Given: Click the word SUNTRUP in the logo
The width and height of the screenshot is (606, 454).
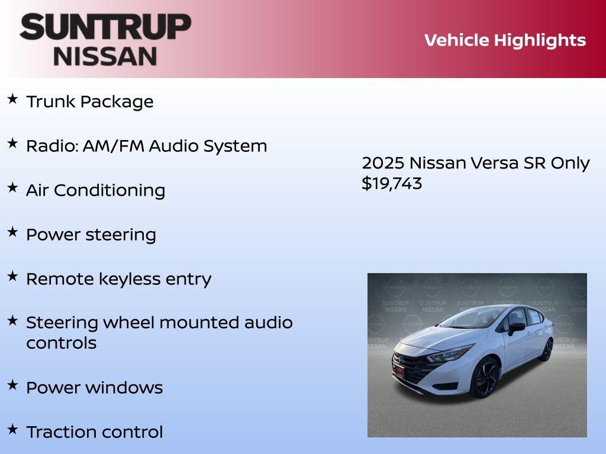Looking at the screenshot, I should (105, 27).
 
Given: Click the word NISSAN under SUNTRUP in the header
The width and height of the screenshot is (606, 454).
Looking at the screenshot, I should (105, 56).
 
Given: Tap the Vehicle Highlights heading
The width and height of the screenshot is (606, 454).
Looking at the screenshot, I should (505, 40).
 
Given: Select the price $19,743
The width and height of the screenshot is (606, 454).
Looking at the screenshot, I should (392, 183).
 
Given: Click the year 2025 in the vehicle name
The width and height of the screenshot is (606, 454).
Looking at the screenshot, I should (382, 163).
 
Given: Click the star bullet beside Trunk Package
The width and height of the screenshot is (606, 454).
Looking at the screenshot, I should (12, 99).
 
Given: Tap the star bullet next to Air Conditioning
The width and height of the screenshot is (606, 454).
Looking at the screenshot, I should (12, 187).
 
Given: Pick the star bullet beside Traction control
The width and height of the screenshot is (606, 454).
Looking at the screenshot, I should (12, 429).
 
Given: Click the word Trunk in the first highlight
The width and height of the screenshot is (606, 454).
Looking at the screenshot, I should (51, 102).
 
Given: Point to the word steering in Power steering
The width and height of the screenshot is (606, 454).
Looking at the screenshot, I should (121, 235).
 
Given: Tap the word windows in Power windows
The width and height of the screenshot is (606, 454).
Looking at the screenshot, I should (124, 388).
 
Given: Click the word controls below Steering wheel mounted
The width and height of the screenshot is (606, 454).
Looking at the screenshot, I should (61, 343).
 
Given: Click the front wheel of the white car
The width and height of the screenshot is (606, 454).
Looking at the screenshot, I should (485, 378).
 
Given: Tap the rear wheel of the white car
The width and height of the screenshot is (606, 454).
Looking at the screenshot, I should (546, 349).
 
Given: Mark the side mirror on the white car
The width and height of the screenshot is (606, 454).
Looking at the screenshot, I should (516, 326).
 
